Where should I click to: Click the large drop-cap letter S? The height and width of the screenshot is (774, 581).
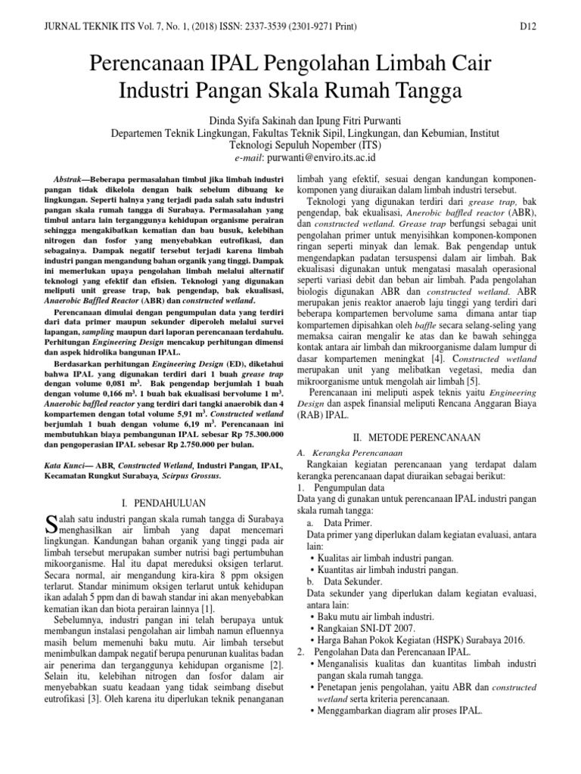51,522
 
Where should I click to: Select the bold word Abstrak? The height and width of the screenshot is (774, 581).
74,174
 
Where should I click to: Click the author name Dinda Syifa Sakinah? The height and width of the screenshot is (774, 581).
244,119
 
